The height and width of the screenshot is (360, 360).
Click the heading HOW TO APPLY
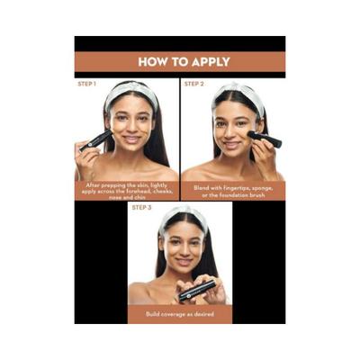(x=180, y=62)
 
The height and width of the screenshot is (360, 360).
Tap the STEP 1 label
(x=87, y=84)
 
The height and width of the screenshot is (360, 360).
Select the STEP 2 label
(x=195, y=84)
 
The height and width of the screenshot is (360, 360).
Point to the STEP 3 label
(x=141, y=208)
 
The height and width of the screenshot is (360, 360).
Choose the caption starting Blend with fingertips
(x=233, y=190)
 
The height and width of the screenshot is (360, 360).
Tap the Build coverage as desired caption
(x=180, y=315)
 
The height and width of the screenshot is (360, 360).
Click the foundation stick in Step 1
(x=97, y=140)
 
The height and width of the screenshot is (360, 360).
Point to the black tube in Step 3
(x=196, y=288)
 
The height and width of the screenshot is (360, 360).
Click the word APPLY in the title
(x=206, y=62)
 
